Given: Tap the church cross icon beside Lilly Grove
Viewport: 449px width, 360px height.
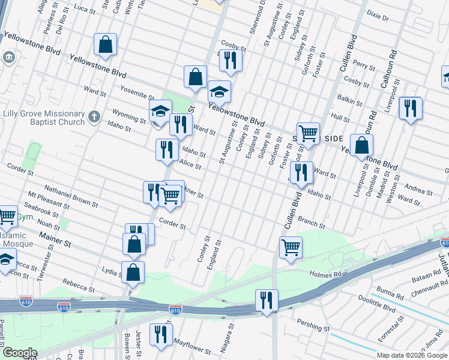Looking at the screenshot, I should point(94,116).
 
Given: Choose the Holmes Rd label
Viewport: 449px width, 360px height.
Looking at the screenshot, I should point(325,274).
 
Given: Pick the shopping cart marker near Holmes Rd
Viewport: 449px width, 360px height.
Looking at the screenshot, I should point(291,247).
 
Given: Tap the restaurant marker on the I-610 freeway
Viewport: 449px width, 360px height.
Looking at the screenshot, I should point(267,299).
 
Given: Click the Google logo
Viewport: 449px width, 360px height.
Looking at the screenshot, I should point(19,353).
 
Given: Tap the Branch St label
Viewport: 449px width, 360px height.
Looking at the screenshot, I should point(312,224).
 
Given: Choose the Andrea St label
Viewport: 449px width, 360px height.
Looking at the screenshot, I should point(420,190).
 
